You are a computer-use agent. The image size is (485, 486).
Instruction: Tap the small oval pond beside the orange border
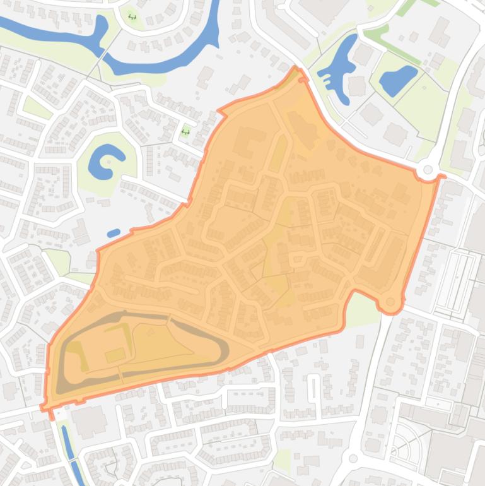(x=114, y=234)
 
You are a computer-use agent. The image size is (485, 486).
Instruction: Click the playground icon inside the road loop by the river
(x=132, y=16)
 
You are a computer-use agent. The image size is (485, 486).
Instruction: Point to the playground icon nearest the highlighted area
(x=185, y=131)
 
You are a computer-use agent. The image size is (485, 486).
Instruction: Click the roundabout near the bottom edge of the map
(x=353, y=459)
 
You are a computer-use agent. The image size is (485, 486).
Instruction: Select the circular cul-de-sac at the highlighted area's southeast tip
(x=391, y=302)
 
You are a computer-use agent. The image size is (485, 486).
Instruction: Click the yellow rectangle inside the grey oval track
(x=115, y=355)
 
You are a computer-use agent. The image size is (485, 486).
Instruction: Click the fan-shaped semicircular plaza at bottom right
(x=404, y=439)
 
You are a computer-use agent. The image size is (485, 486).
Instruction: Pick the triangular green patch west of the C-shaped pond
(x=38, y=108)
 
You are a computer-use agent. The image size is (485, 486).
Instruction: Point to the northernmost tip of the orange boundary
(x=295, y=68)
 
